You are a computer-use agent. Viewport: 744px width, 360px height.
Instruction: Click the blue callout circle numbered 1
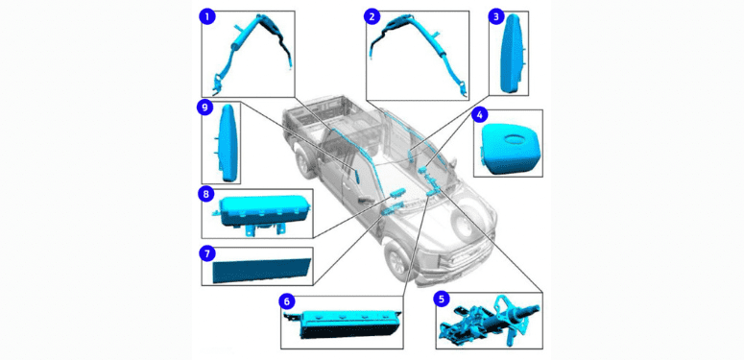coord(207,17)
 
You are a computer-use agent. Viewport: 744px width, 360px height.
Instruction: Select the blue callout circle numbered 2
coord(372,17)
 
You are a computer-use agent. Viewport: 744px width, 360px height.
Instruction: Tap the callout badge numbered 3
coord(496,17)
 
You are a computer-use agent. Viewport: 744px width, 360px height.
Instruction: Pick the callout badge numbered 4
coord(479,114)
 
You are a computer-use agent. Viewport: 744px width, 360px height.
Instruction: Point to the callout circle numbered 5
coord(442,300)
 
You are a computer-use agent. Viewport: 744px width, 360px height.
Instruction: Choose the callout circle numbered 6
coord(287,301)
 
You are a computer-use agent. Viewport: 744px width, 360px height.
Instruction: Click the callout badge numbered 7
coord(206,253)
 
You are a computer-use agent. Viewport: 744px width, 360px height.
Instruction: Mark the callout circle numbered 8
coord(206,195)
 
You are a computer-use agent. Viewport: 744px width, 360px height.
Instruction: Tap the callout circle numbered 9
coord(204,108)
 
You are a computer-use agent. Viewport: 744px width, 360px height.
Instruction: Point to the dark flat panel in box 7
coord(261,270)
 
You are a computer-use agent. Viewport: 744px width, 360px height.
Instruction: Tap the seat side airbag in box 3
coord(513,53)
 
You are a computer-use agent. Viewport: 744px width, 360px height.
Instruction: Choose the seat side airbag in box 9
coord(227,142)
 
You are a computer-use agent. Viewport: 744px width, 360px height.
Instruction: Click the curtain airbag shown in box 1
coord(251,51)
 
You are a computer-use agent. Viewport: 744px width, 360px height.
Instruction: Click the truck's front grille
coord(464,257)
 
